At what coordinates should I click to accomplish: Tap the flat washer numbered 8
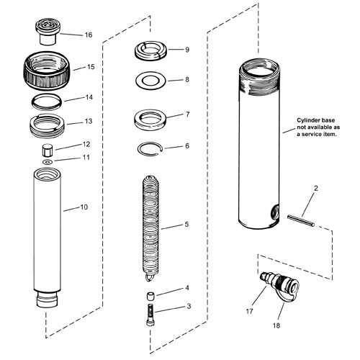(152, 79)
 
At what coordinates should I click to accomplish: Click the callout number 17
(250, 310)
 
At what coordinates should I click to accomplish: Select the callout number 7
(186, 114)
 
